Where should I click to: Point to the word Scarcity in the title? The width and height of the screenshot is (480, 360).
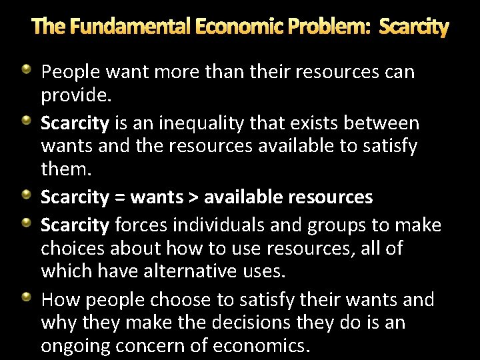tap(413, 27)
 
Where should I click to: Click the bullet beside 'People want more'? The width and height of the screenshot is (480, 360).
tap(26, 69)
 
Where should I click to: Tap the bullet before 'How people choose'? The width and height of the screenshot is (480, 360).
tap(26, 297)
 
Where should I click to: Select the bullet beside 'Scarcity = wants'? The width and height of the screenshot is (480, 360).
tap(26, 195)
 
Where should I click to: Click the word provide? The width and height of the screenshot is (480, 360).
tap(76, 96)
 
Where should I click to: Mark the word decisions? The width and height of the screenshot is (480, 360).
tap(247, 323)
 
